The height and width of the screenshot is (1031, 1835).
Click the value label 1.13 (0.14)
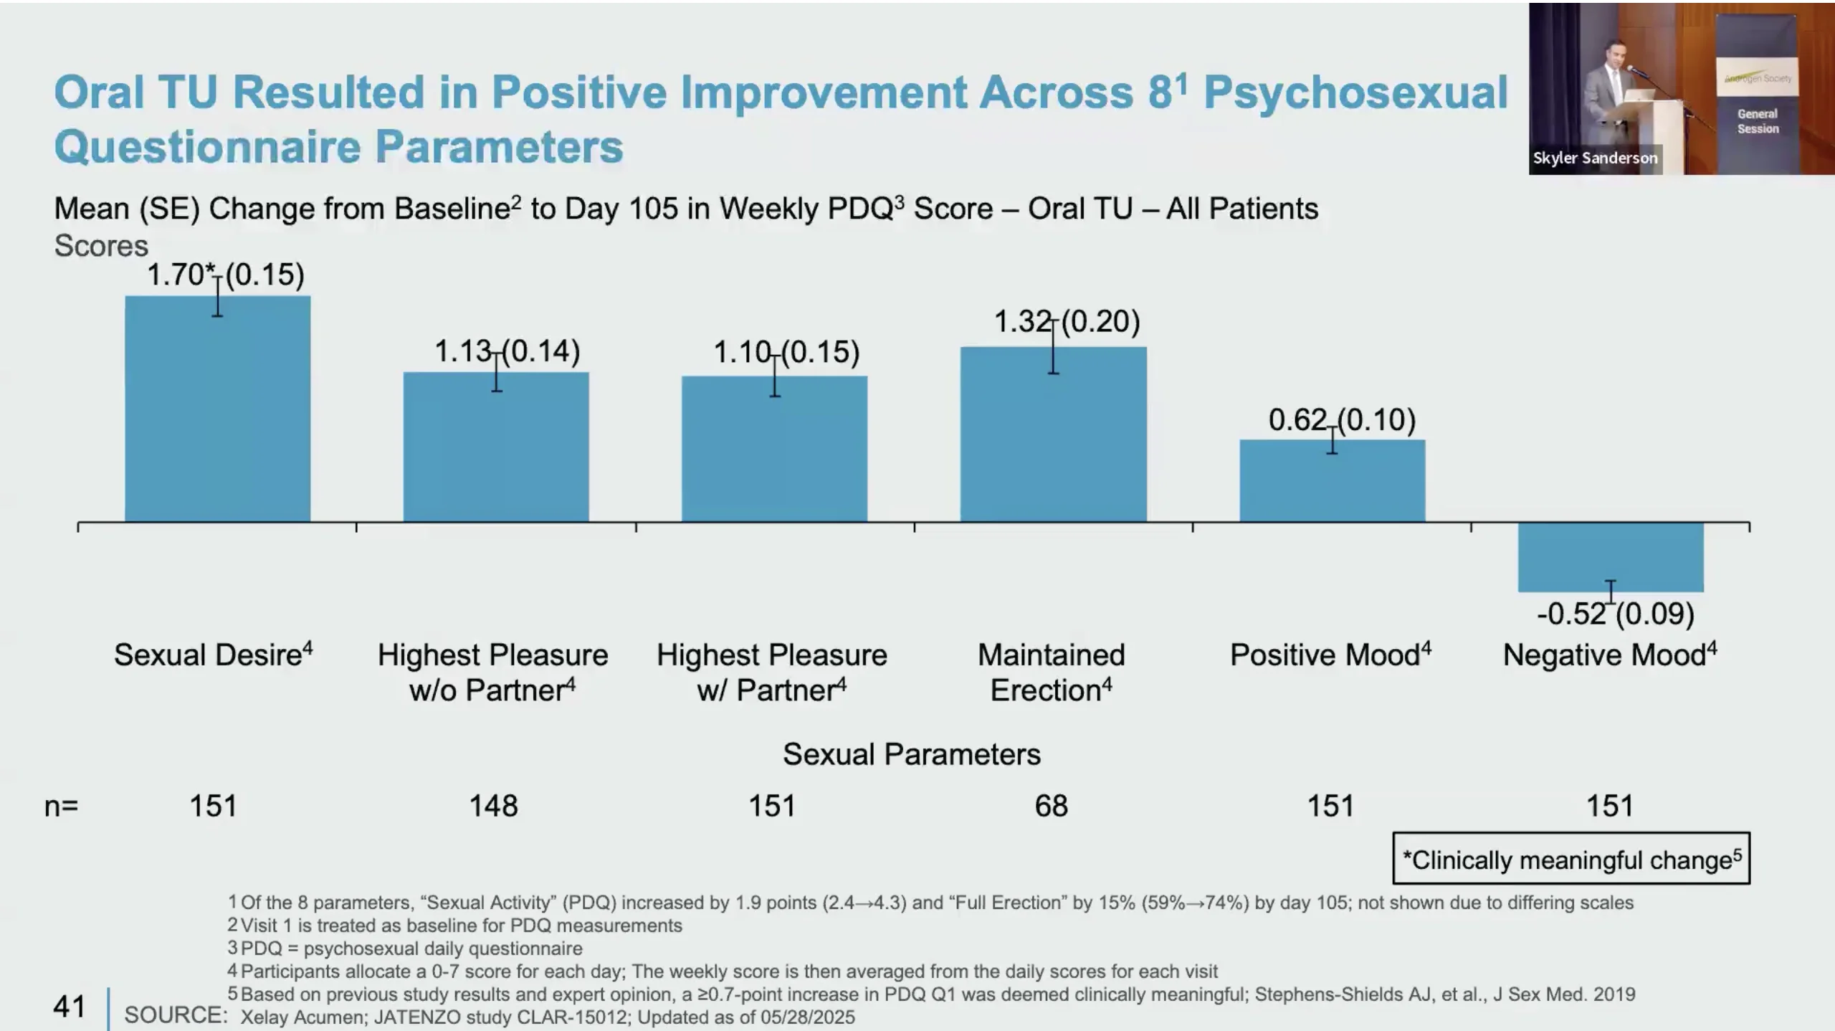pyautogui.click(x=507, y=351)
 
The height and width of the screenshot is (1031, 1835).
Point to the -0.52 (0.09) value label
pyautogui.click(x=1615, y=614)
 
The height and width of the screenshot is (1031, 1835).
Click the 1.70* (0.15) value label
pyautogui.click(x=225, y=275)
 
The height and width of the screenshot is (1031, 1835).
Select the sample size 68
pyautogui.click(x=1051, y=806)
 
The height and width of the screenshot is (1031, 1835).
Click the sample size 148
pyautogui.click(x=493, y=806)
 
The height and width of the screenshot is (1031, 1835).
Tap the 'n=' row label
pyautogui.click(x=61, y=806)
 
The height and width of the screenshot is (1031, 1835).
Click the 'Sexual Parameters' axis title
pyautogui.click(x=911, y=754)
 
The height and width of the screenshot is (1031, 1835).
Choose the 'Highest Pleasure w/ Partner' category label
pyautogui.click(x=772, y=673)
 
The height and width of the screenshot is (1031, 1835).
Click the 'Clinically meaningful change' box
pyautogui.click(x=1571, y=858)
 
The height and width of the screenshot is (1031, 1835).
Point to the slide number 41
pyautogui.click(x=69, y=1007)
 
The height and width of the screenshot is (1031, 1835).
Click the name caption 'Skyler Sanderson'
pyautogui.click(x=1595, y=158)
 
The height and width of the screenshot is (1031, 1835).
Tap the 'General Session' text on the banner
pyautogui.click(x=1758, y=121)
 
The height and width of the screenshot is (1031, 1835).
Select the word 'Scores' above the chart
pyautogui.click(x=101, y=246)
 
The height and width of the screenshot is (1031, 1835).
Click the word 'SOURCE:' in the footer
pyautogui.click(x=176, y=1015)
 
